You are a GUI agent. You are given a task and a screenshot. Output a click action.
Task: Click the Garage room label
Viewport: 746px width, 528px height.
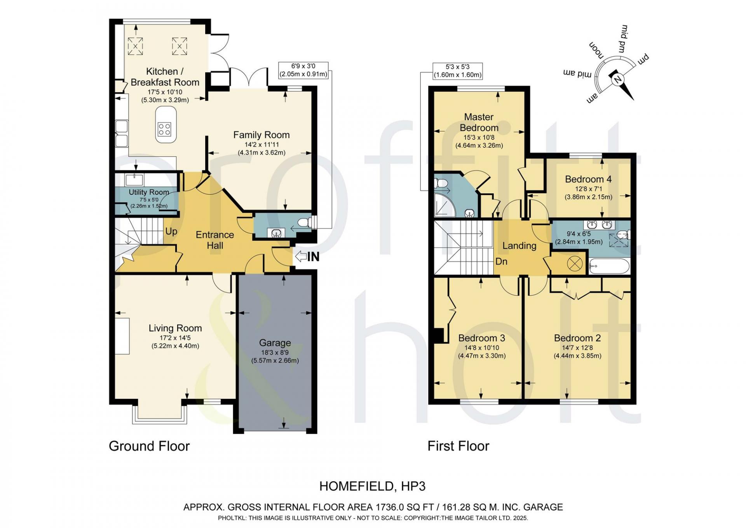(x=275, y=343)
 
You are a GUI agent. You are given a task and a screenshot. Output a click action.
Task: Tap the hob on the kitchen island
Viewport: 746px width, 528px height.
(x=164, y=129)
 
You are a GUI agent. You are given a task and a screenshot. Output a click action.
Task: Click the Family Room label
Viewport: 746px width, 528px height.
(x=261, y=135)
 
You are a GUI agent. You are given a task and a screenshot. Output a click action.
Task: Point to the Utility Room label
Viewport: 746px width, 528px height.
(x=149, y=192)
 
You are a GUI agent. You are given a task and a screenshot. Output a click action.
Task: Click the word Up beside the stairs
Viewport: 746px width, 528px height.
(x=171, y=231)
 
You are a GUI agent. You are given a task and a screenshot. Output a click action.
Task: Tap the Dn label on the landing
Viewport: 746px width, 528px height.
(x=501, y=261)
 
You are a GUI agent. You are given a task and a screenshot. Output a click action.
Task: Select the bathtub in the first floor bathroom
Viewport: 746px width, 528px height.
(x=609, y=267)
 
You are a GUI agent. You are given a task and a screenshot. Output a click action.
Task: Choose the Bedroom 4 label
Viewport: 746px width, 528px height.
(x=588, y=179)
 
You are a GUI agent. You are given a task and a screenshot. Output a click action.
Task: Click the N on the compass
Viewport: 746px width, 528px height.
(x=618, y=80)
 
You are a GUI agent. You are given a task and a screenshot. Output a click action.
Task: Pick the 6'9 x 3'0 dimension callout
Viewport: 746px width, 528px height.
(x=303, y=70)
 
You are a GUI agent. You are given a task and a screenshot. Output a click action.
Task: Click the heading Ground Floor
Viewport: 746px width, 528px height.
(x=149, y=446)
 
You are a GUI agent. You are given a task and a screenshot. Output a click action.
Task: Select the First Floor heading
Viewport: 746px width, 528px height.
(x=458, y=446)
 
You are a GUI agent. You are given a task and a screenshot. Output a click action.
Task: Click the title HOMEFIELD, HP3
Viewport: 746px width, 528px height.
(x=373, y=486)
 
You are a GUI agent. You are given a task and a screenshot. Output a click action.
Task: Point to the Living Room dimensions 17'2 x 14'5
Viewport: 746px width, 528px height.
(x=175, y=338)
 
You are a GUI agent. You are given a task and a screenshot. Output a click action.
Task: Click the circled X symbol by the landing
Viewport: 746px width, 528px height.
(x=575, y=264)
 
